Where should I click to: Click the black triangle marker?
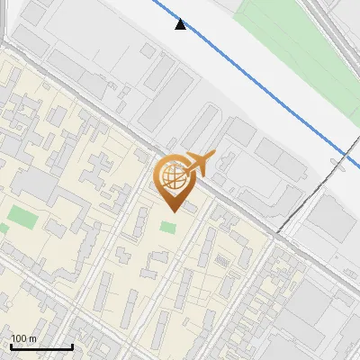click(181, 24)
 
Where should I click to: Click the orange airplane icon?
click(197, 163)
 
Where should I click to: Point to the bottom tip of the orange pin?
click(172, 211)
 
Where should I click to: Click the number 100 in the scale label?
click(20, 338)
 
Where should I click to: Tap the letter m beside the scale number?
click(33, 338)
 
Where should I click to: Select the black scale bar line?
click(41, 346)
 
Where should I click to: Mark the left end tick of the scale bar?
click(11, 346)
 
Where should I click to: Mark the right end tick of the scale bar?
click(72, 346)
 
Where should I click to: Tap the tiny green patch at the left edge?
click(3, 229)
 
